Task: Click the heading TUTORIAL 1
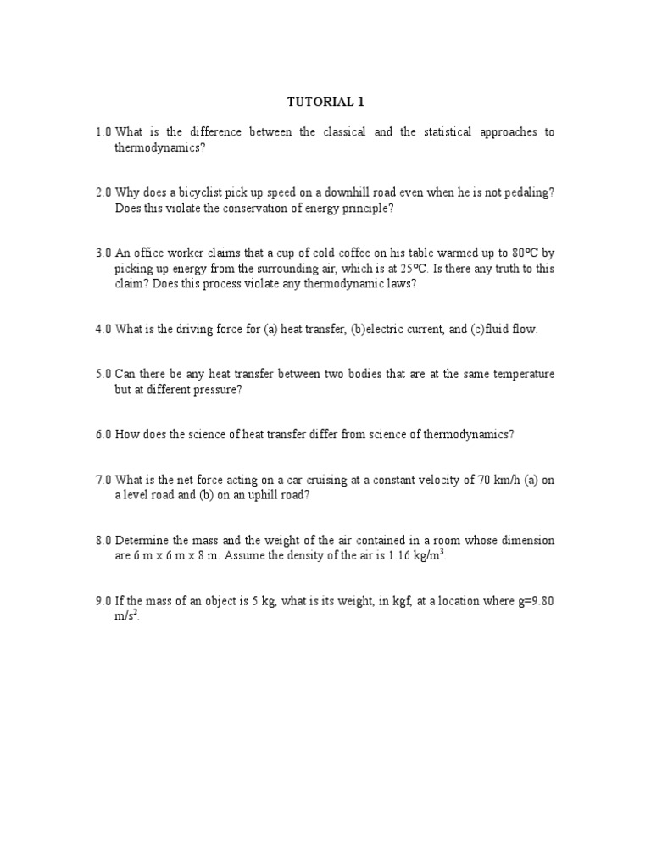pos(325,102)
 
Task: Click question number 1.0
pos(103,132)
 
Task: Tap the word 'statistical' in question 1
pos(444,132)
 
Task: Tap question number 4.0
pos(103,329)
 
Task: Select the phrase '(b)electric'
pos(381,329)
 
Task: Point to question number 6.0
pos(103,434)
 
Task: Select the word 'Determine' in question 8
pos(143,541)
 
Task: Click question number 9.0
pos(103,601)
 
